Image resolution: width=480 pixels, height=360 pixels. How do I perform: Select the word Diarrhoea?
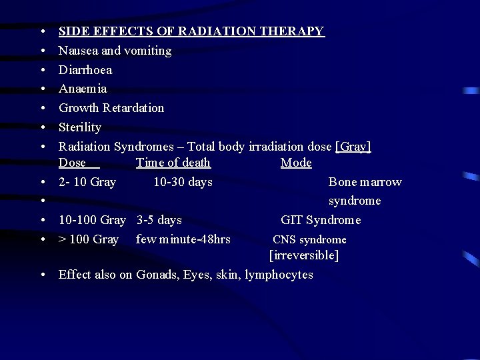pos(85,70)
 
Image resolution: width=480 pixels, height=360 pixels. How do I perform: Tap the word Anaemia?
pos(83,89)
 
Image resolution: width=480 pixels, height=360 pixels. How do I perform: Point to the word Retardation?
pos(133,108)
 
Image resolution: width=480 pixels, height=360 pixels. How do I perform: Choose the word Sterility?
pos(80,127)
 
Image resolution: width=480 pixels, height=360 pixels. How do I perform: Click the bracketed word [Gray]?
pos(354,147)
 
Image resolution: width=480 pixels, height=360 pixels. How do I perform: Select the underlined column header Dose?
pos(73,163)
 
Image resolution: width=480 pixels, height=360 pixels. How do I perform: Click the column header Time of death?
pos(173,163)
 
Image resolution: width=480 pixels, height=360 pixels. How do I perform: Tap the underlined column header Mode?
pos(296,163)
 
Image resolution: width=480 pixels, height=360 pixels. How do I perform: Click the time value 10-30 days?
pos(183,182)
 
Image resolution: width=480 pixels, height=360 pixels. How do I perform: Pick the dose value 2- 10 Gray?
pos(87,182)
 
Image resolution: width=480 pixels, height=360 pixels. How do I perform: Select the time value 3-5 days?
pos(159,220)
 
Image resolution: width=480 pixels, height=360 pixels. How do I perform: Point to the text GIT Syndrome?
pos(321,220)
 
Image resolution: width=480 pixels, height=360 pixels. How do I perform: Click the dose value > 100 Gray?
pos(89,239)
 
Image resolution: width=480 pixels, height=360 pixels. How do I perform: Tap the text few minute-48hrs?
pos(183,239)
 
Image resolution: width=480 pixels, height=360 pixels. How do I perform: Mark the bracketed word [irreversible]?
pos(304,255)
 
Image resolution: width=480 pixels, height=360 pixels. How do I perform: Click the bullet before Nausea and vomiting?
pos(42,51)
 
